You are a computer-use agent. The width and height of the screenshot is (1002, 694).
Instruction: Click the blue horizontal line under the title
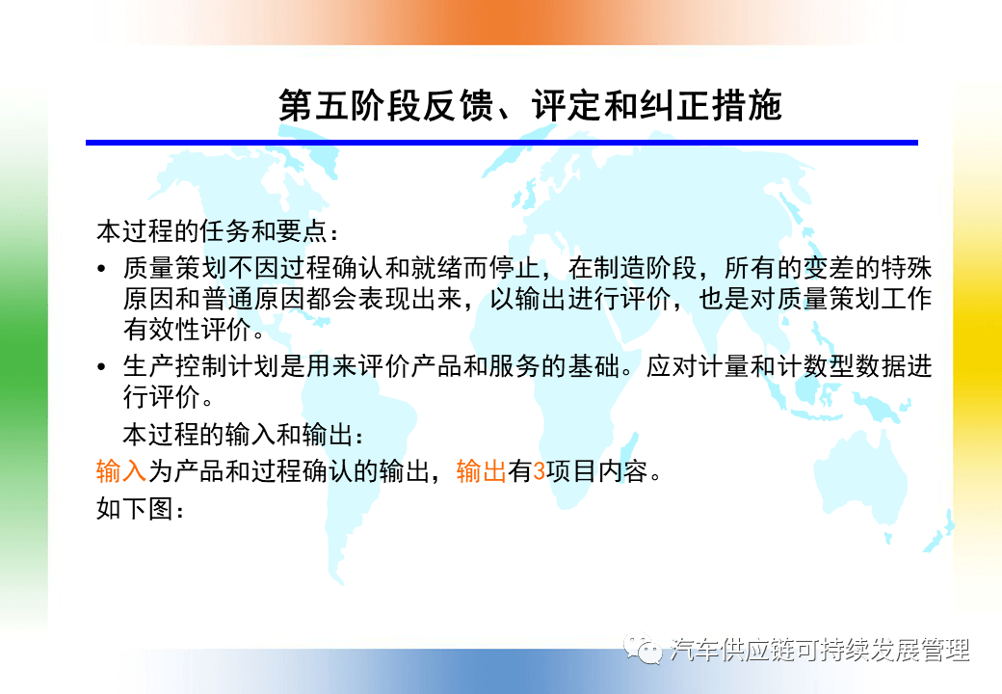tap(502, 143)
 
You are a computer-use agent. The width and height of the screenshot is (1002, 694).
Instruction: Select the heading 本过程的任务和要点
tap(212, 231)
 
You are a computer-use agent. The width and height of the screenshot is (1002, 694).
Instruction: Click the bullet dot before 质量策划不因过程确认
tap(101, 268)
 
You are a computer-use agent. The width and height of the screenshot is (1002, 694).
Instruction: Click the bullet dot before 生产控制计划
tap(101, 367)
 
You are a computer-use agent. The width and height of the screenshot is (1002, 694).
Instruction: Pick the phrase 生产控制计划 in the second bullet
tap(201, 367)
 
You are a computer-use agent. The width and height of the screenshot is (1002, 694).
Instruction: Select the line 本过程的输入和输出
tap(238, 435)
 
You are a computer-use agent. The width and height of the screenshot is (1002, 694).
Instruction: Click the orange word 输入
tap(121, 471)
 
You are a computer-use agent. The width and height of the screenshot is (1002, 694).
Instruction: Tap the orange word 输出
tap(481, 471)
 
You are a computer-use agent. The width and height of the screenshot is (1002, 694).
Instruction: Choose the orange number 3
tap(540, 471)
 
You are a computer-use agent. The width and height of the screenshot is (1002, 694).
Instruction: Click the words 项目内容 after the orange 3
tap(596, 471)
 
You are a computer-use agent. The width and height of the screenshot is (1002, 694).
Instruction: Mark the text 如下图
tap(134, 509)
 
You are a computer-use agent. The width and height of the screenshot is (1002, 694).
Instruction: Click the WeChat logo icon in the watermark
tap(643, 649)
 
